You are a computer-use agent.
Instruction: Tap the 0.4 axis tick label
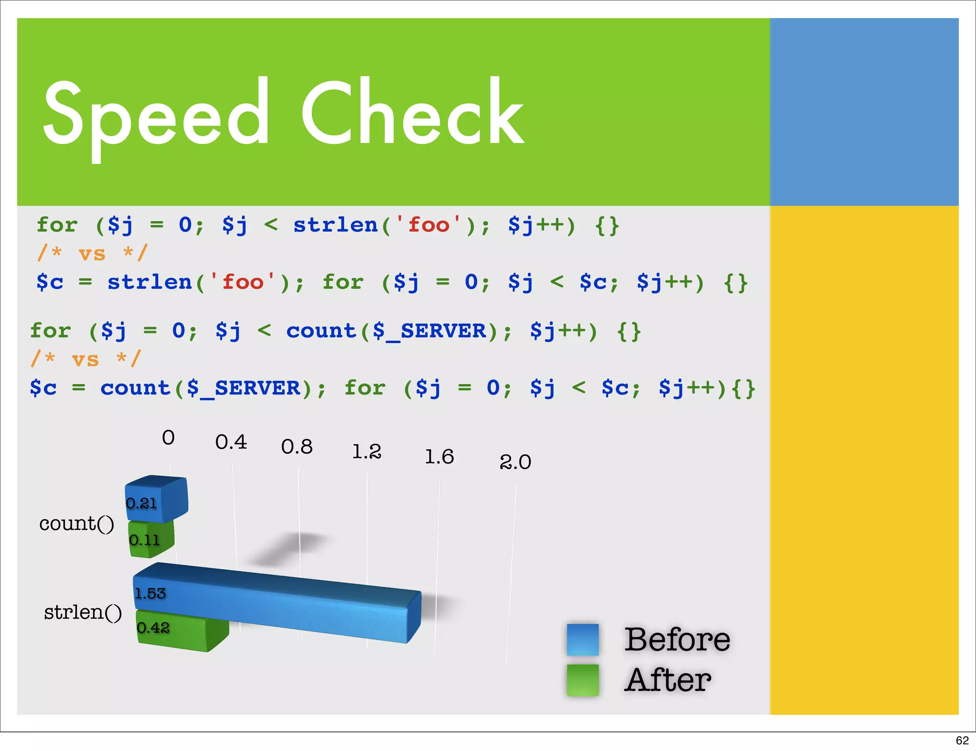tap(231, 442)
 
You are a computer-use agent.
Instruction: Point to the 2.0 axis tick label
tap(515, 462)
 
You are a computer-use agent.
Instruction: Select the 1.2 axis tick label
tap(366, 452)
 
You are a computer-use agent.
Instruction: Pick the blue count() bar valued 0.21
tap(156, 499)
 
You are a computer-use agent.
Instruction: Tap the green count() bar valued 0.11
tap(151, 539)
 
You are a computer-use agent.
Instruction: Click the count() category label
tap(77, 524)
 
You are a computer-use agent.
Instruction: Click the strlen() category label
tap(82, 612)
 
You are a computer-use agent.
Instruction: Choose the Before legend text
tap(677, 639)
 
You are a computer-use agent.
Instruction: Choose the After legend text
tap(668, 680)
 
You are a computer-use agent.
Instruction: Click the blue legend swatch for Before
tap(582, 639)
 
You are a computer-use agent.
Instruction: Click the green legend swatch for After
tap(582, 680)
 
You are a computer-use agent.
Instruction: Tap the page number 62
tap(962, 740)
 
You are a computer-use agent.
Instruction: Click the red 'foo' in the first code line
tap(428, 224)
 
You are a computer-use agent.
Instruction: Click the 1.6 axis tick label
tap(439, 457)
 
